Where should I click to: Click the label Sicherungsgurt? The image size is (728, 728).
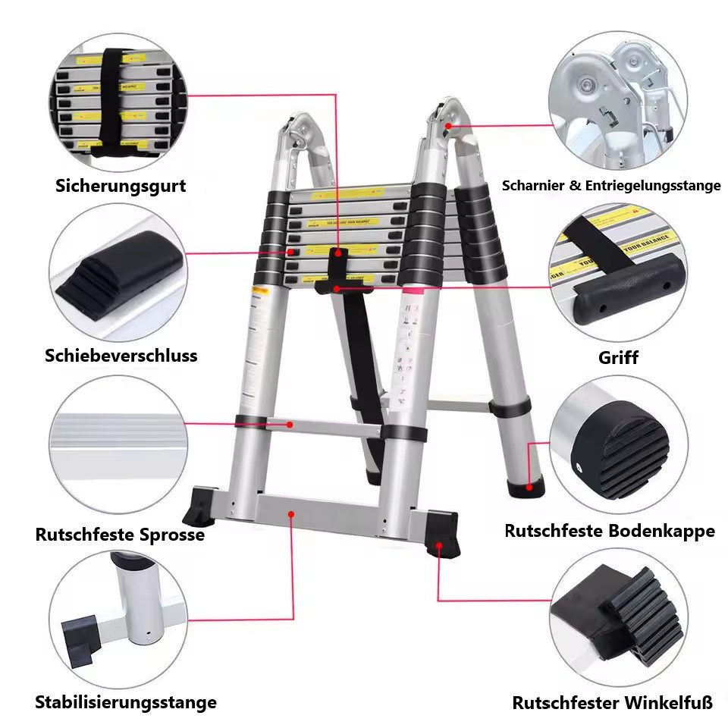click(x=121, y=186)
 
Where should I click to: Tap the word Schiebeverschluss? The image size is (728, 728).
click(x=121, y=355)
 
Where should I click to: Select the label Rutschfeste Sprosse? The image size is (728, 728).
click(x=120, y=535)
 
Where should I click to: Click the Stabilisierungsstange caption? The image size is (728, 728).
click(x=126, y=702)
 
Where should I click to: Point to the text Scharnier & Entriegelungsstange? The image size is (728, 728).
click(x=611, y=186)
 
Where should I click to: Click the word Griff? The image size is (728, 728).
click(x=618, y=357)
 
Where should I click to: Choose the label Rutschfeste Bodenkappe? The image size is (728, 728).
click(x=610, y=531)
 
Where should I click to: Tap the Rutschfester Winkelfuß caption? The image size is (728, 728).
click(x=613, y=703)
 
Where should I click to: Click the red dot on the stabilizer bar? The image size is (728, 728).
click(x=292, y=513)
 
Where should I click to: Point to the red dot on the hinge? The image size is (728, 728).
click(x=448, y=125)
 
